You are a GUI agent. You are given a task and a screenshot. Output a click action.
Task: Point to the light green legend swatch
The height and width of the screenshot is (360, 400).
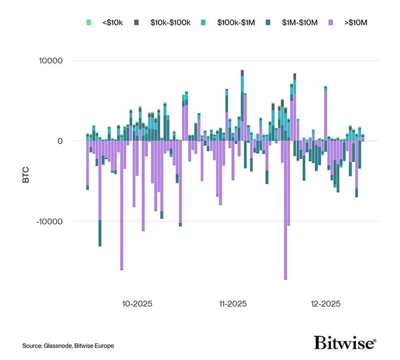89,22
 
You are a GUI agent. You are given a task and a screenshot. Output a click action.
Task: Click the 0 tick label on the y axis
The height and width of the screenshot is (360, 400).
67,141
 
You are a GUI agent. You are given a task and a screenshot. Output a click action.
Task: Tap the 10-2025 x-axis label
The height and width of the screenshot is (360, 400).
137,303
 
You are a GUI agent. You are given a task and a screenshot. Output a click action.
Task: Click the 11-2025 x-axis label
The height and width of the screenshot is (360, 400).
233,303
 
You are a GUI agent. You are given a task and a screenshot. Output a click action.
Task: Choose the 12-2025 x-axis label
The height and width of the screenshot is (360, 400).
325,303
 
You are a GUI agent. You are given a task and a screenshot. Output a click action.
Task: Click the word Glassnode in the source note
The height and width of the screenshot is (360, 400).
57,346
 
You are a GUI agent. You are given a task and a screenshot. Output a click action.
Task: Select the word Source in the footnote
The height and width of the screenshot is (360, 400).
32,346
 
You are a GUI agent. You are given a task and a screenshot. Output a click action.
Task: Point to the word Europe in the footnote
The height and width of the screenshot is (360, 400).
103,346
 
